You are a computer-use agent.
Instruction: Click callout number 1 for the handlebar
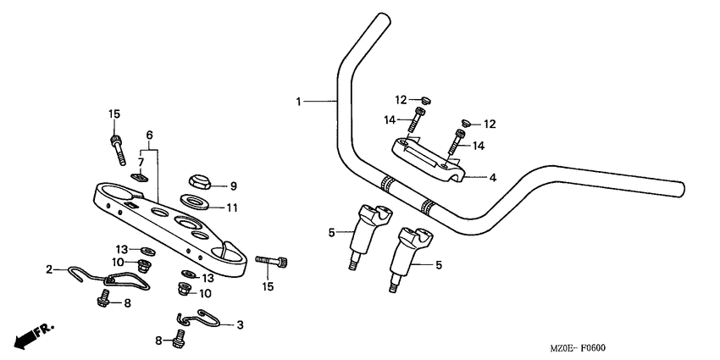298,102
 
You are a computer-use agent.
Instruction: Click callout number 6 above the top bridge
149,136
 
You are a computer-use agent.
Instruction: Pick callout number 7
141,161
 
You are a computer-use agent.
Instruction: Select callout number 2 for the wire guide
49,269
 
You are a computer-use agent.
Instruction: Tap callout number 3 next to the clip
240,324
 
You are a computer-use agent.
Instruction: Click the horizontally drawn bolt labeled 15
276,261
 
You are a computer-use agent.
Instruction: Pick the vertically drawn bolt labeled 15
116,147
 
